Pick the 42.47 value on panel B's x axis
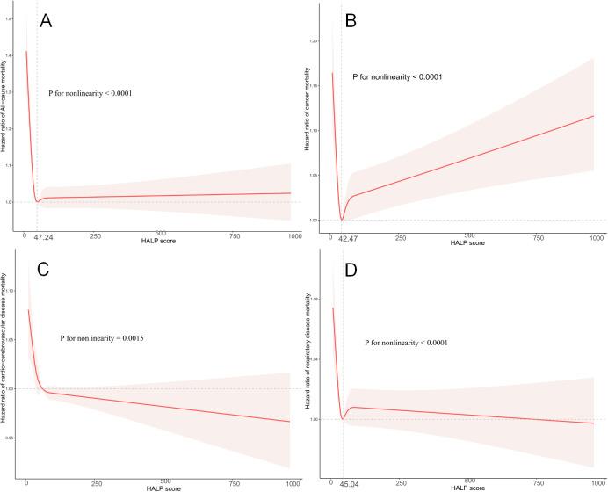[351, 238]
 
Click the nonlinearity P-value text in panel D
[405, 343]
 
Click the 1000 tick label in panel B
[596, 238]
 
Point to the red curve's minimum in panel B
[341, 219]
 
